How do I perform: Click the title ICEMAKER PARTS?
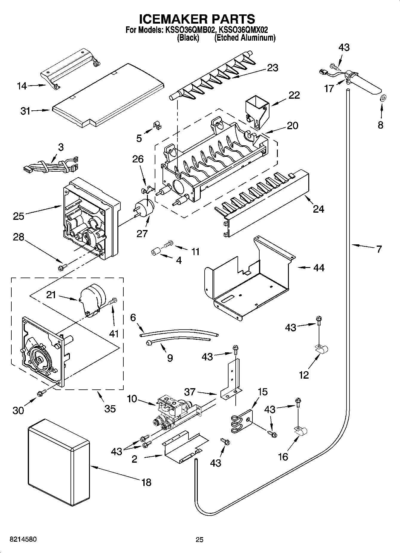197,19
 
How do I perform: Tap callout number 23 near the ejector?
272,68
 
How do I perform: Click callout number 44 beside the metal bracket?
318,267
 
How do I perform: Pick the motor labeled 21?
91,299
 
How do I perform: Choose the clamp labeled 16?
301,431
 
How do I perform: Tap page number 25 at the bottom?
199,540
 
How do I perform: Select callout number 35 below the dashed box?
110,408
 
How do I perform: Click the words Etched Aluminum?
245,38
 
